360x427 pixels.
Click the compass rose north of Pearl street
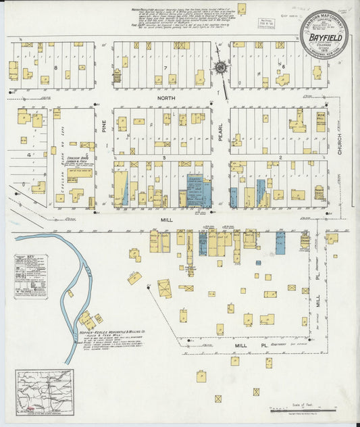tap(220, 67)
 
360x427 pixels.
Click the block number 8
tap(47, 68)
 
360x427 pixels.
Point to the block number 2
tap(279, 157)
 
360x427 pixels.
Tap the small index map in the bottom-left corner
tap(43, 390)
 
